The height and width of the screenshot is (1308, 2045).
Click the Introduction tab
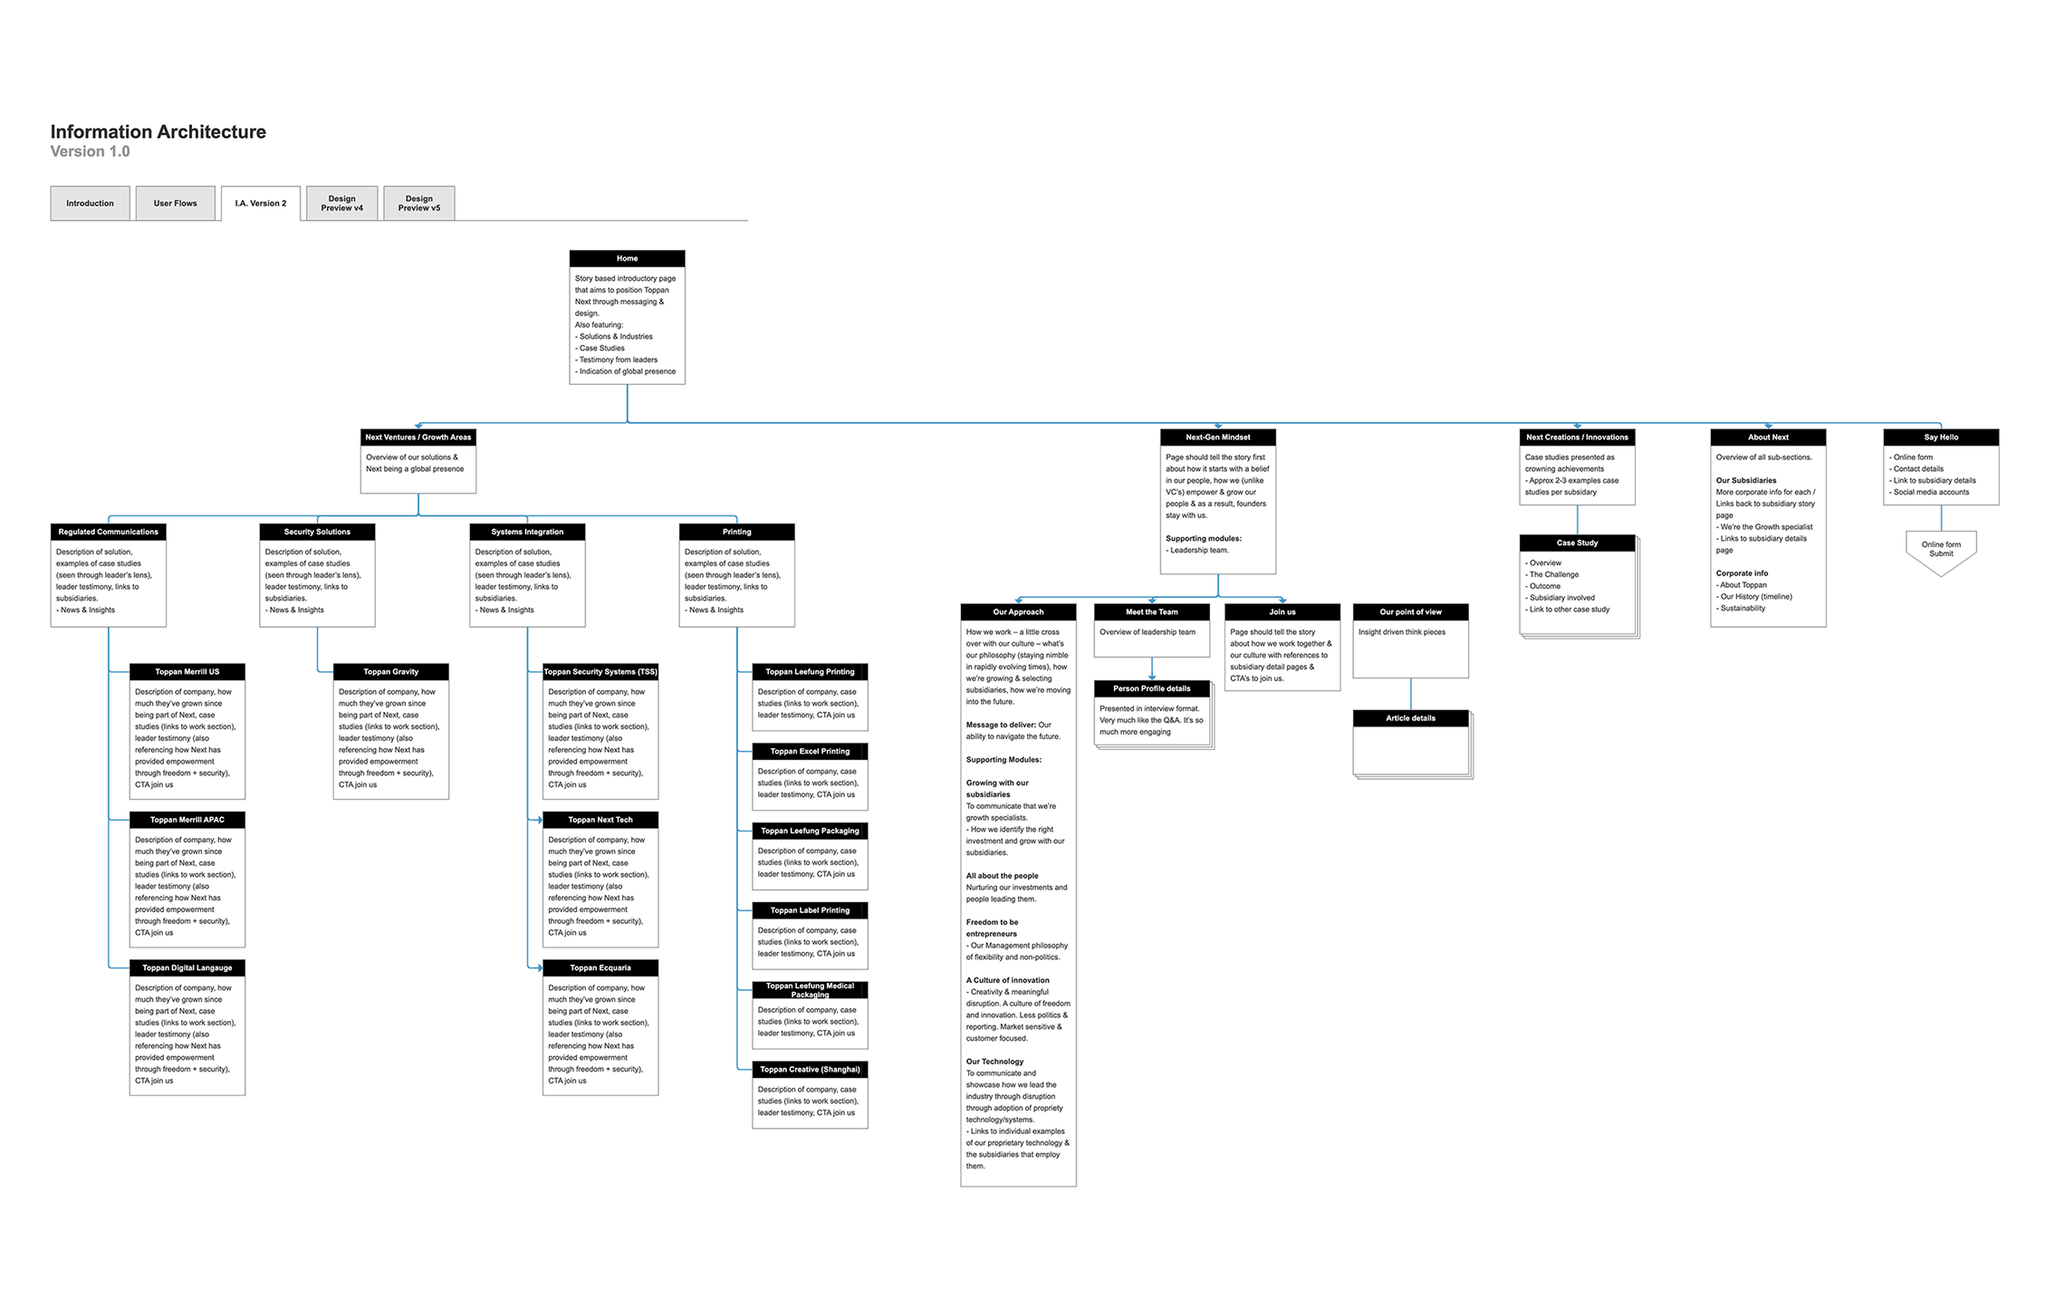point(90,203)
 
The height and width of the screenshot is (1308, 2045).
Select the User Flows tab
point(175,203)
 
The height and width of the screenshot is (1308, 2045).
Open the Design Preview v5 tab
point(418,203)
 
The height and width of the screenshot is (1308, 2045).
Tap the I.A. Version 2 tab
point(260,203)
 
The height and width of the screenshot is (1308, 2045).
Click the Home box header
point(627,258)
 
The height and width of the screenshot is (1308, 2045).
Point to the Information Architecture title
point(158,132)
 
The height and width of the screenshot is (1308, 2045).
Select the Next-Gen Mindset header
point(1217,437)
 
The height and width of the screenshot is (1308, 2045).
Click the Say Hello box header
point(1940,437)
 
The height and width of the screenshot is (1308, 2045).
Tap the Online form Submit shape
point(1940,550)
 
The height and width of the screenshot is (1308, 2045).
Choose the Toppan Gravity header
point(390,671)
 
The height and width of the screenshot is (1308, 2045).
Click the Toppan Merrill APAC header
point(187,820)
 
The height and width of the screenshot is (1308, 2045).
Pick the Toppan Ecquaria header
point(600,967)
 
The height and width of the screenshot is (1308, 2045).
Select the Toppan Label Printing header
point(810,910)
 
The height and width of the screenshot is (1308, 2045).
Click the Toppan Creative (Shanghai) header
point(810,1069)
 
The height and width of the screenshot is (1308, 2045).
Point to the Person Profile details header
point(1151,688)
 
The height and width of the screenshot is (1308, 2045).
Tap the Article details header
point(1410,718)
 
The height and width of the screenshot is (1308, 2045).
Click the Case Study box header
point(1577,543)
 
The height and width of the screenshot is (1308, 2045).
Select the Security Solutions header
point(317,532)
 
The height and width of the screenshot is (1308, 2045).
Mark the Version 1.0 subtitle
point(90,152)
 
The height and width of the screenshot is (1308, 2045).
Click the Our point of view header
point(1410,611)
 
